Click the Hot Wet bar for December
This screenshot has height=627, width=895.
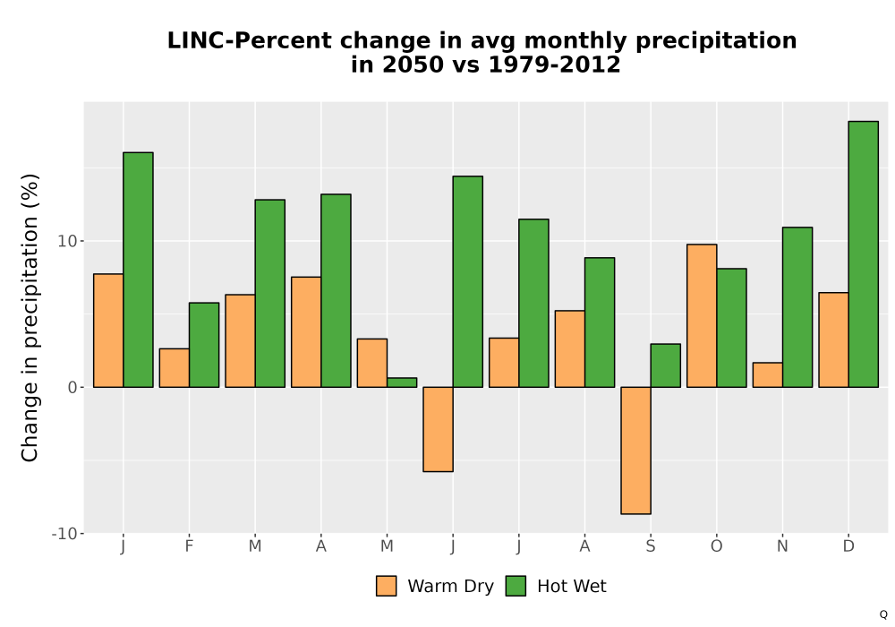863,254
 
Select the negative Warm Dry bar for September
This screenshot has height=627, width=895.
635,451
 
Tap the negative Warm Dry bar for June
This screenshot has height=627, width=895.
438,429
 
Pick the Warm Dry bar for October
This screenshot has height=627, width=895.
702,316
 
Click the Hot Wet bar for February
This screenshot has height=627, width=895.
204,345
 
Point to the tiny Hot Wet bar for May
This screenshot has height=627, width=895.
402,382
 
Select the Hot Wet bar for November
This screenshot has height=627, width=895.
797,307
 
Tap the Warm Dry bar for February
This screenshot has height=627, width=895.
175,368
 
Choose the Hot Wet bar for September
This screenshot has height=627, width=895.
666,365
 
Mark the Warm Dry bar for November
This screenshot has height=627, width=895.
768,375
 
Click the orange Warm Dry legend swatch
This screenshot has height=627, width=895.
386,586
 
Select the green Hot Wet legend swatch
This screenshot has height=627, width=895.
516,586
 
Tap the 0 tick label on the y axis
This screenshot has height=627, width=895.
72,387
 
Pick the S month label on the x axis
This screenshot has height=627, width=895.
650,546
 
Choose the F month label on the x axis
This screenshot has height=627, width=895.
189,546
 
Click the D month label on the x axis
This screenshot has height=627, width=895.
848,546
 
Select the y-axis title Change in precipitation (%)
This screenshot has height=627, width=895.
30,317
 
